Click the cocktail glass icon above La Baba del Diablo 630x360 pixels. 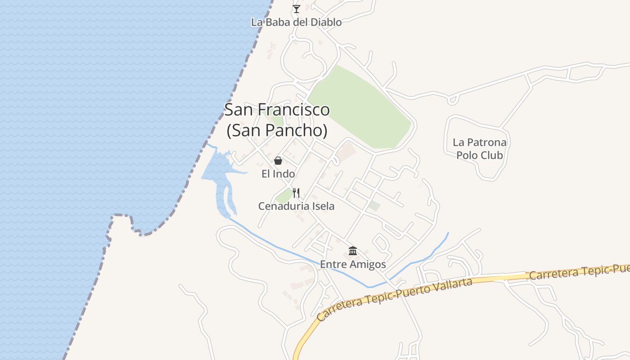pos(296,9)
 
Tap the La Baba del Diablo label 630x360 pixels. pos(296,22)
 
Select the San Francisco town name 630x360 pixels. pos(277,109)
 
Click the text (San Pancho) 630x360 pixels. pos(277,130)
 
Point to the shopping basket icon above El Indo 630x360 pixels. pos(278,161)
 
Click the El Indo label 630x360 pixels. pos(278,174)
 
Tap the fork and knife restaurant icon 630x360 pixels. pos(296,193)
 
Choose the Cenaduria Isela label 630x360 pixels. pos(296,206)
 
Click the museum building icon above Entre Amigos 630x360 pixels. pos(353,251)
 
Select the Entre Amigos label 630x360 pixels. pos(353,264)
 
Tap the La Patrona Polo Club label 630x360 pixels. pos(479,149)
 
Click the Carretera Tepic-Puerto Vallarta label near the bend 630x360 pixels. pos(394,299)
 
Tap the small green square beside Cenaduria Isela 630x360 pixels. pos(283,196)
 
